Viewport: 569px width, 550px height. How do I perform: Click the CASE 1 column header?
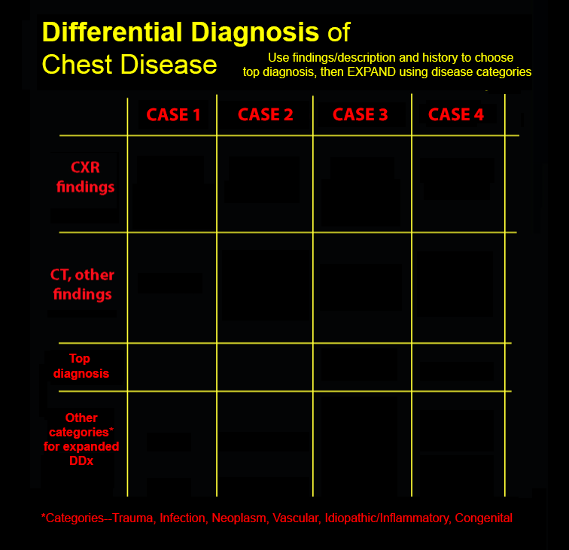[173, 114]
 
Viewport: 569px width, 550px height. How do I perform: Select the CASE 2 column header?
[265, 114]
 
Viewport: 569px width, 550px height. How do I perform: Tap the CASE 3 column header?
[361, 114]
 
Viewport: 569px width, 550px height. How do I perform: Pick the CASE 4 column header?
[456, 114]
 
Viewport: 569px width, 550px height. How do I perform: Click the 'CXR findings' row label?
[85, 177]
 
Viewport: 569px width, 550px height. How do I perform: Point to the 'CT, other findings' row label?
[82, 284]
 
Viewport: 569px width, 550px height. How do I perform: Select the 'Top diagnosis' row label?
[81, 366]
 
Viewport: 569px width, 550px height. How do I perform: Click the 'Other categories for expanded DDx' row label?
[81, 439]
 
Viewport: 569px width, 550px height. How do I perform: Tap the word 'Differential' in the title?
[112, 32]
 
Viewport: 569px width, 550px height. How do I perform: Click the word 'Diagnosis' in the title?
[255, 32]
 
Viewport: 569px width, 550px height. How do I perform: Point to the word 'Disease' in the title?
[169, 65]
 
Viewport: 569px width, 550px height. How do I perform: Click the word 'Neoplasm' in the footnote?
[239, 518]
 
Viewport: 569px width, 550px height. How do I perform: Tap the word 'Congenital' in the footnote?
[483, 518]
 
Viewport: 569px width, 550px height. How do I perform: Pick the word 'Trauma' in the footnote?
[132, 518]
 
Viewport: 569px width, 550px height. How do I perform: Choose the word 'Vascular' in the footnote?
[295, 518]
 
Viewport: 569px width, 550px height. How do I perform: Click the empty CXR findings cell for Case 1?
[172, 184]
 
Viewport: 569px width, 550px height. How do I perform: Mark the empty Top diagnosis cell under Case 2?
[265, 367]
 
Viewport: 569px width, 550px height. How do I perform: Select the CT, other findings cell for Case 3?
[362, 287]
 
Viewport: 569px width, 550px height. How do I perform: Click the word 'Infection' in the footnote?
[183, 518]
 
